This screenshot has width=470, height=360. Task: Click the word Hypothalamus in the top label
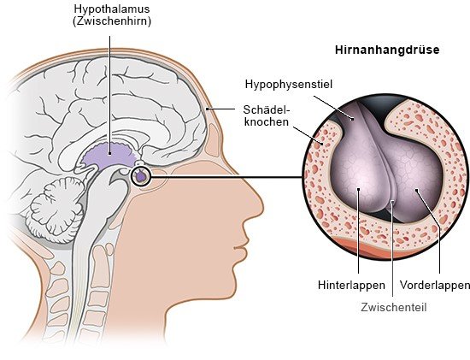point(112,9)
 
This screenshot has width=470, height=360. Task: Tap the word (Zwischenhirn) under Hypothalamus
point(112,21)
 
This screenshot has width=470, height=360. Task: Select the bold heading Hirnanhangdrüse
point(387,50)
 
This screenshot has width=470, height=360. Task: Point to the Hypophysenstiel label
point(289,85)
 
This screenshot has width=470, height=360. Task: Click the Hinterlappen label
point(351,285)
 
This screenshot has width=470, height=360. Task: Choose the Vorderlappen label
point(435,285)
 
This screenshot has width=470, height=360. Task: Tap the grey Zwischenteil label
point(394,308)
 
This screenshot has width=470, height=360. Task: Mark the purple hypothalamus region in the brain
point(109,155)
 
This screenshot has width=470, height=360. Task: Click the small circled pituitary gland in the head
point(141,176)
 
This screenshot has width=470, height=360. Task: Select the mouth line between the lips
point(240,248)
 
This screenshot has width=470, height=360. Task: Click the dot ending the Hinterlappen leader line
point(359,189)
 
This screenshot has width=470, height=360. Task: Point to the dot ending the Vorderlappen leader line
point(416,190)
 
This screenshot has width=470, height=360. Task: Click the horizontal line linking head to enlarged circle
point(226,177)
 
